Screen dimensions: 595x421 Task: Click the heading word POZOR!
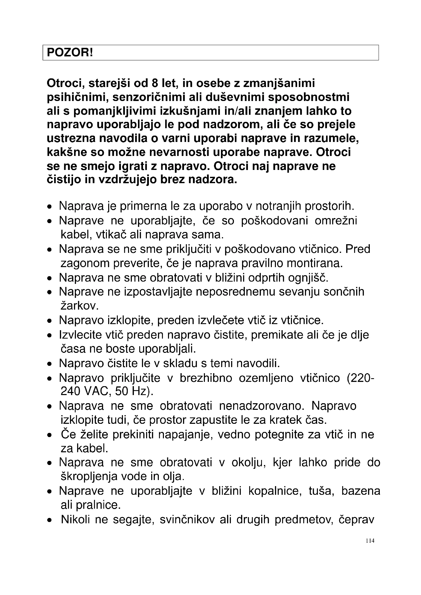pyautogui.click(x=70, y=53)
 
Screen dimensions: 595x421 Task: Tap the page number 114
pyautogui.click(x=370, y=541)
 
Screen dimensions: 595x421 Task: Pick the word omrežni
pyautogui.click(x=336, y=221)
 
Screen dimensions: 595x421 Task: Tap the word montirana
pyautogui.click(x=315, y=263)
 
